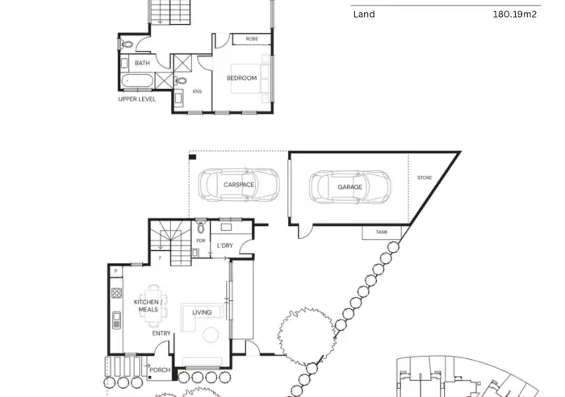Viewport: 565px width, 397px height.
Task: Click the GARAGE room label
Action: [x=349, y=187]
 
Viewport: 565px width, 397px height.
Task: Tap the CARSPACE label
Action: [x=239, y=185]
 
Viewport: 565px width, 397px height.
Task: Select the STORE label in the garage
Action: [x=425, y=178]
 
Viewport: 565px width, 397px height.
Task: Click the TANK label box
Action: [x=382, y=232]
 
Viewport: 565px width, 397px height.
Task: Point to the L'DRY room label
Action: [x=225, y=245]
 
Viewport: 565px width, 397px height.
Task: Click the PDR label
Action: [x=201, y=240]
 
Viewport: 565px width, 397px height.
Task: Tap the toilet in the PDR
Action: [x=201, y=228]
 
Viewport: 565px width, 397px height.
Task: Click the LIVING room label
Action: [x=202, y=312]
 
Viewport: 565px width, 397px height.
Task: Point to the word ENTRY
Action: [x=161, y=333]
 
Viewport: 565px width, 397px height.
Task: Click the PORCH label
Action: [x=160, y=370]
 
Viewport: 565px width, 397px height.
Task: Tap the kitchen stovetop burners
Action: [x=116, y=293]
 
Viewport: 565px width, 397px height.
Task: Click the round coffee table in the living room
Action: [x=211, y=335]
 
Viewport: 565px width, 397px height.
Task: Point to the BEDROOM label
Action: [x=241, y=78]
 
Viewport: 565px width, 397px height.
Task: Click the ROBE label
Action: [x=252, y=39]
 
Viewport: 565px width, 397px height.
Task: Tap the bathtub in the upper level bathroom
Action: [x=137, y=81]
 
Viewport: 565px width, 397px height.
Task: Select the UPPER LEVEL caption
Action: [x=137, y=99]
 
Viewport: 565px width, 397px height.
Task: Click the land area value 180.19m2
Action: [x=515, y=15]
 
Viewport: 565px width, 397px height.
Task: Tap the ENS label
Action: [x=197, y=91]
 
